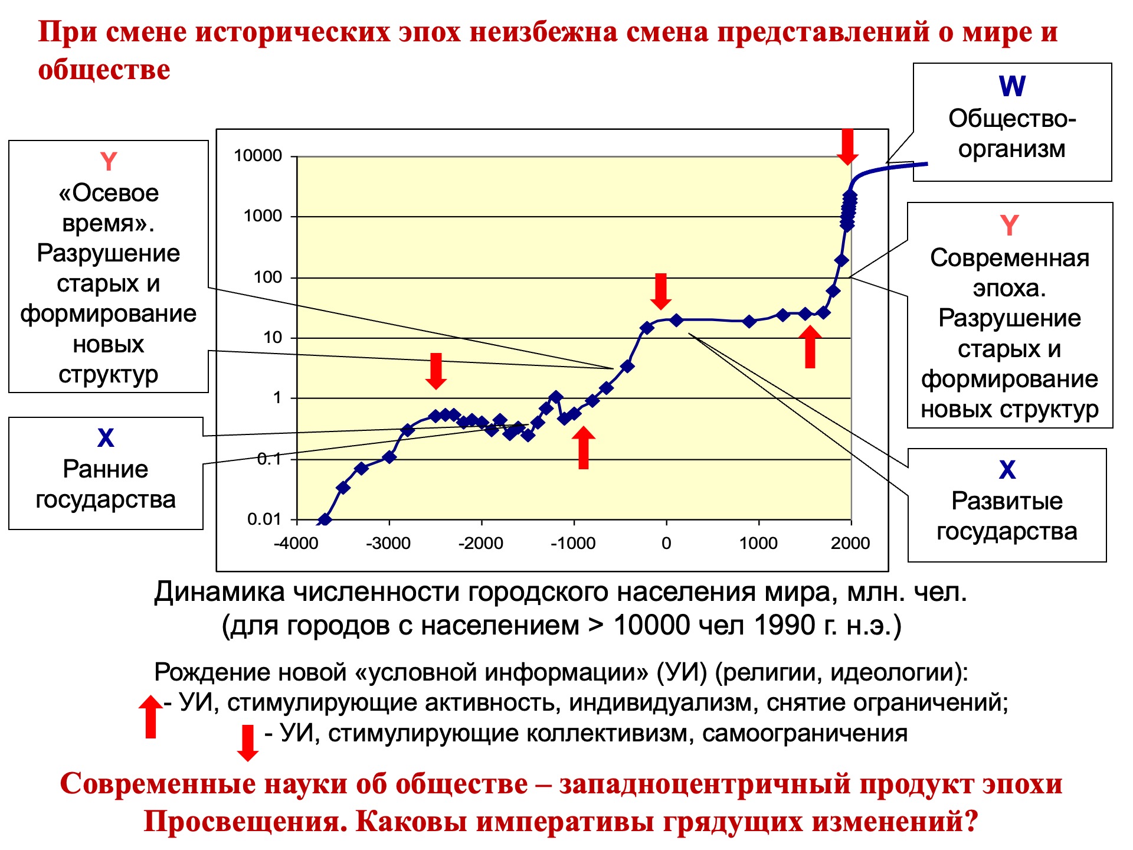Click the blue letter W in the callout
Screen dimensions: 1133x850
(x=1012, y=86)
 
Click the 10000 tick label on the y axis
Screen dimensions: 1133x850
(x=258, y=156)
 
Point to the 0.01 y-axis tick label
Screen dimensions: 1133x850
(x=264, y=519)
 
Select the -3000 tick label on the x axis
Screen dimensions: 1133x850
(x=388, y=543)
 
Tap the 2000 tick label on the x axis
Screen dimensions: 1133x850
(x=850, y=543)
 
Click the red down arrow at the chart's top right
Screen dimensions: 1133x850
(x=847, y=147)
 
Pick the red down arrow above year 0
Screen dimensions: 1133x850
(x=661, y=292)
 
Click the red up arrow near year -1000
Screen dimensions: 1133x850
(x=584, y=448)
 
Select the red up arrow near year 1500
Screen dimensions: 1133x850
(x=810, y=347)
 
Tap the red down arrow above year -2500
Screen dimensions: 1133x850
(x=436, y=371)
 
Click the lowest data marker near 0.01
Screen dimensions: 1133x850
(x=324, y=520)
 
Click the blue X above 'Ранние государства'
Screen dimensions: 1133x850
(x=106, y=438)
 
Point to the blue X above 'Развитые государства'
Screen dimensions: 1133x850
(x=1007, y=470)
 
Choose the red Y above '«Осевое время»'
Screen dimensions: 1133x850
(x=109, y=162)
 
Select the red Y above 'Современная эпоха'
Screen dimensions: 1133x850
(x=1010, y=225)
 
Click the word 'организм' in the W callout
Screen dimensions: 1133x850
(x=1012, y=149)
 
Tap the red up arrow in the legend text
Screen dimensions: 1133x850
(x=150, y=717)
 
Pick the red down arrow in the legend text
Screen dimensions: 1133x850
(x=248, y=743)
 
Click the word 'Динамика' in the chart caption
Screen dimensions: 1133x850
(x=220, y=592)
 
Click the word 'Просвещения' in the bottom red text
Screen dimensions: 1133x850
(x=245, y=821)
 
